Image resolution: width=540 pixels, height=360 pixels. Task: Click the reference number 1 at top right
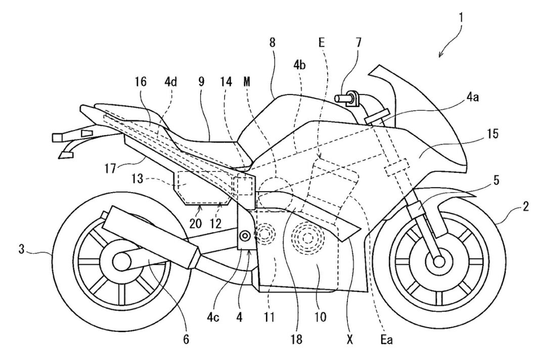pos(461,18)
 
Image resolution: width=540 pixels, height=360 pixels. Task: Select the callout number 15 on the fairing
pos(492,134)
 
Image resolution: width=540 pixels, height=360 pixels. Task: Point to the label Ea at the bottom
pos(386,339)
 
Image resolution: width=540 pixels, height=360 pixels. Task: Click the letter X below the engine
pos(350,339)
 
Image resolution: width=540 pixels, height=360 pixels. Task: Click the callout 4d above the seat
pos(170,82)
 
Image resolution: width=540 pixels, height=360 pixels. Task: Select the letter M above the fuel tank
pos(247,81)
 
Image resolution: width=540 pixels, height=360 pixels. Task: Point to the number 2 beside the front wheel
pos(525,207)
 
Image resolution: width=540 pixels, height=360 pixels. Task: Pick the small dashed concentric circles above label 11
pos(265,234)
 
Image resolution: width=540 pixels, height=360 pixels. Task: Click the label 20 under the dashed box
pos(195,223)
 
